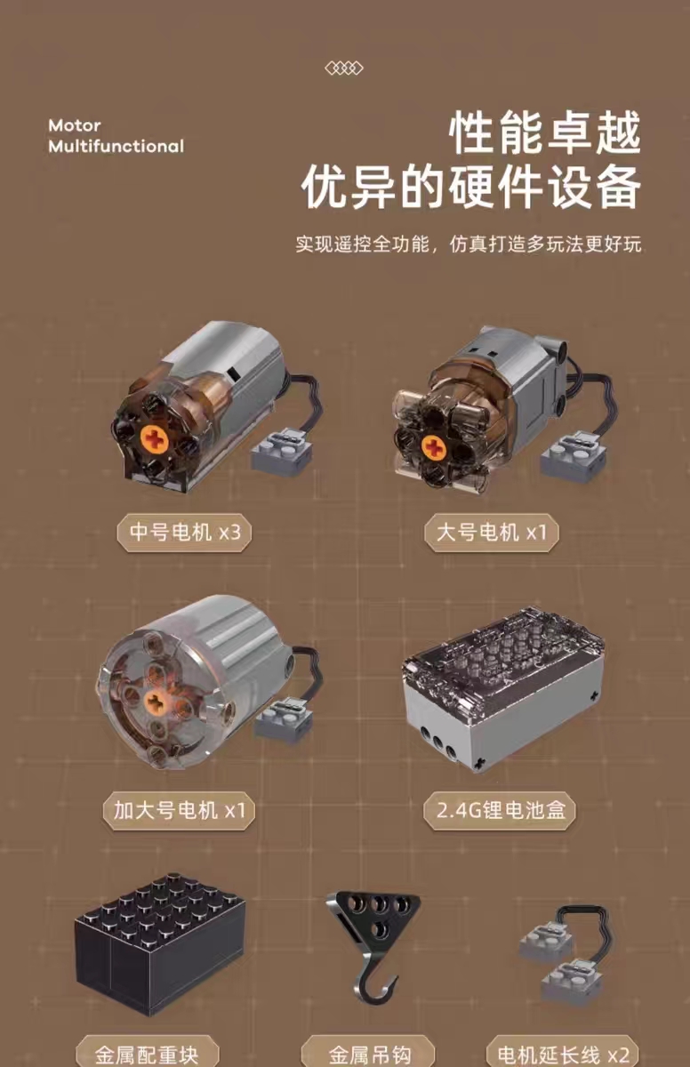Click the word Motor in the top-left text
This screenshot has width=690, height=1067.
tap(75, 125)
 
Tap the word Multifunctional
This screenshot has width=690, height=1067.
tap(116, 146)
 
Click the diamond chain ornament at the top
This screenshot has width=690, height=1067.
tap(344, 68)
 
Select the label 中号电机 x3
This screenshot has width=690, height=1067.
tap(184, 533)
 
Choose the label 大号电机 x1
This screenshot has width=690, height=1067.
tap(491, 533)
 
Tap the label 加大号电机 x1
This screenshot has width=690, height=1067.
tap(179, 810)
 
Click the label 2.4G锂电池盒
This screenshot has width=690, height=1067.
tap(500, 810)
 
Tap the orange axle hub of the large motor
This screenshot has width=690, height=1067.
tap(434, 448)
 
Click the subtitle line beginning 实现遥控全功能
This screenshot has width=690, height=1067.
tap(468, 244)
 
